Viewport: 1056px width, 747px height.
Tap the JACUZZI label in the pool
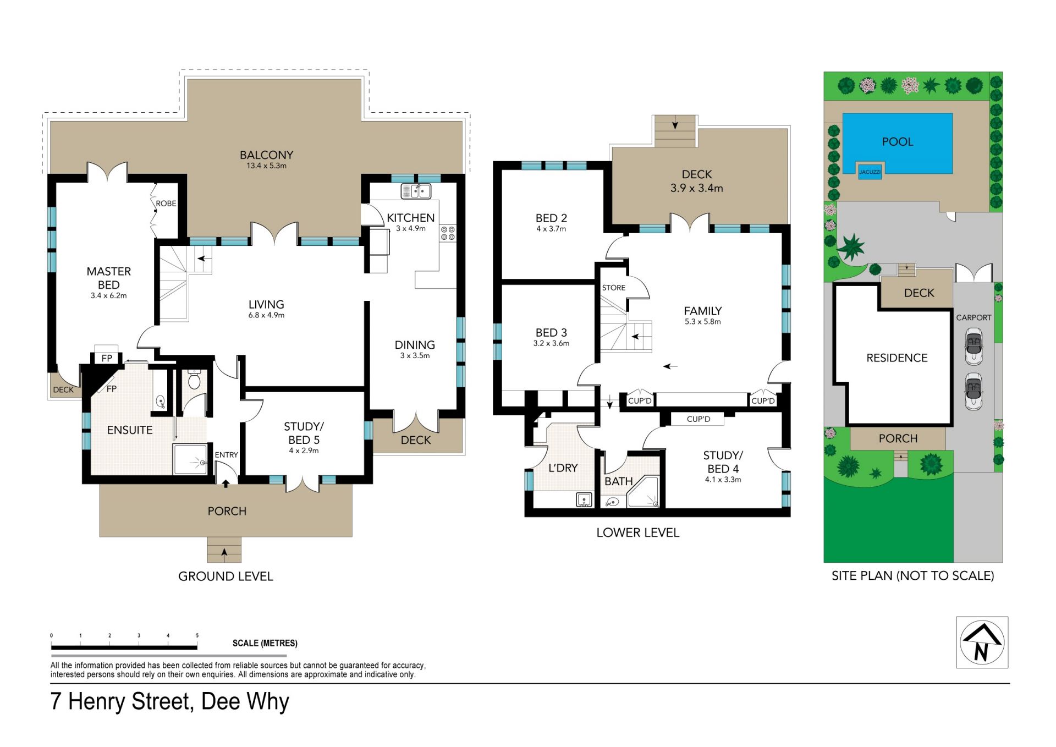coord(870,172)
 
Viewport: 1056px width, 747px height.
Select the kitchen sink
coord(416,191)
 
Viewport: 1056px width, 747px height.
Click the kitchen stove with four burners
coord(448,233)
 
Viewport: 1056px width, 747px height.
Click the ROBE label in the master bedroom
coord(166,204)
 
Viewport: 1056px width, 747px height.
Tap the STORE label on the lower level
coord(614,288)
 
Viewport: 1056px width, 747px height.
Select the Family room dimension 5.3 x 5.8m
coord(703,322)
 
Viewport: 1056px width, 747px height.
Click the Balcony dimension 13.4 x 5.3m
coord(266,166)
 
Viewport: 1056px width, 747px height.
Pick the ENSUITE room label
coord(130,430)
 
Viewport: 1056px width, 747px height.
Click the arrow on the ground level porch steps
coord(224,551)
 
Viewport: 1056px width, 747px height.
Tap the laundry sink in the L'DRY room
coord(584,499)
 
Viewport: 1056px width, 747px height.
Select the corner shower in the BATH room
coord(643,492)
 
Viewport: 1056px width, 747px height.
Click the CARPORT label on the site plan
coord(974,317)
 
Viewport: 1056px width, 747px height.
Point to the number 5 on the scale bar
coord(197,635)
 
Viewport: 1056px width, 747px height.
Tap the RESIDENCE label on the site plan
coord(897,358)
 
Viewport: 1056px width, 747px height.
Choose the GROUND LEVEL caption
coord(226,576)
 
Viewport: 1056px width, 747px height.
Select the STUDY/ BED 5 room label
coord(304,433)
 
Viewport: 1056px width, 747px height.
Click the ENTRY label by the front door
coord(226,455)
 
